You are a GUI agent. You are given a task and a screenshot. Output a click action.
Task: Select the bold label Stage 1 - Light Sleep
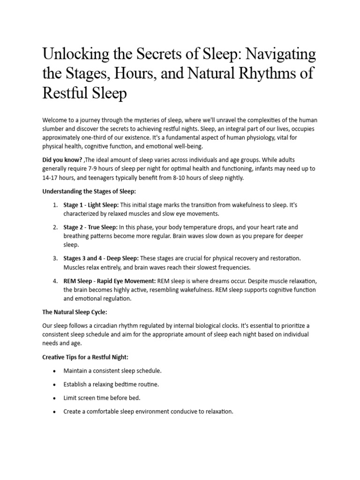(x=91, y=205)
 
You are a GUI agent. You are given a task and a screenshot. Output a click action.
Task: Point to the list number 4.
(x=55, y=281)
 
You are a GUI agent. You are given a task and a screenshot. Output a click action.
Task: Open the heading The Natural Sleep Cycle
(x=78, y=312)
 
